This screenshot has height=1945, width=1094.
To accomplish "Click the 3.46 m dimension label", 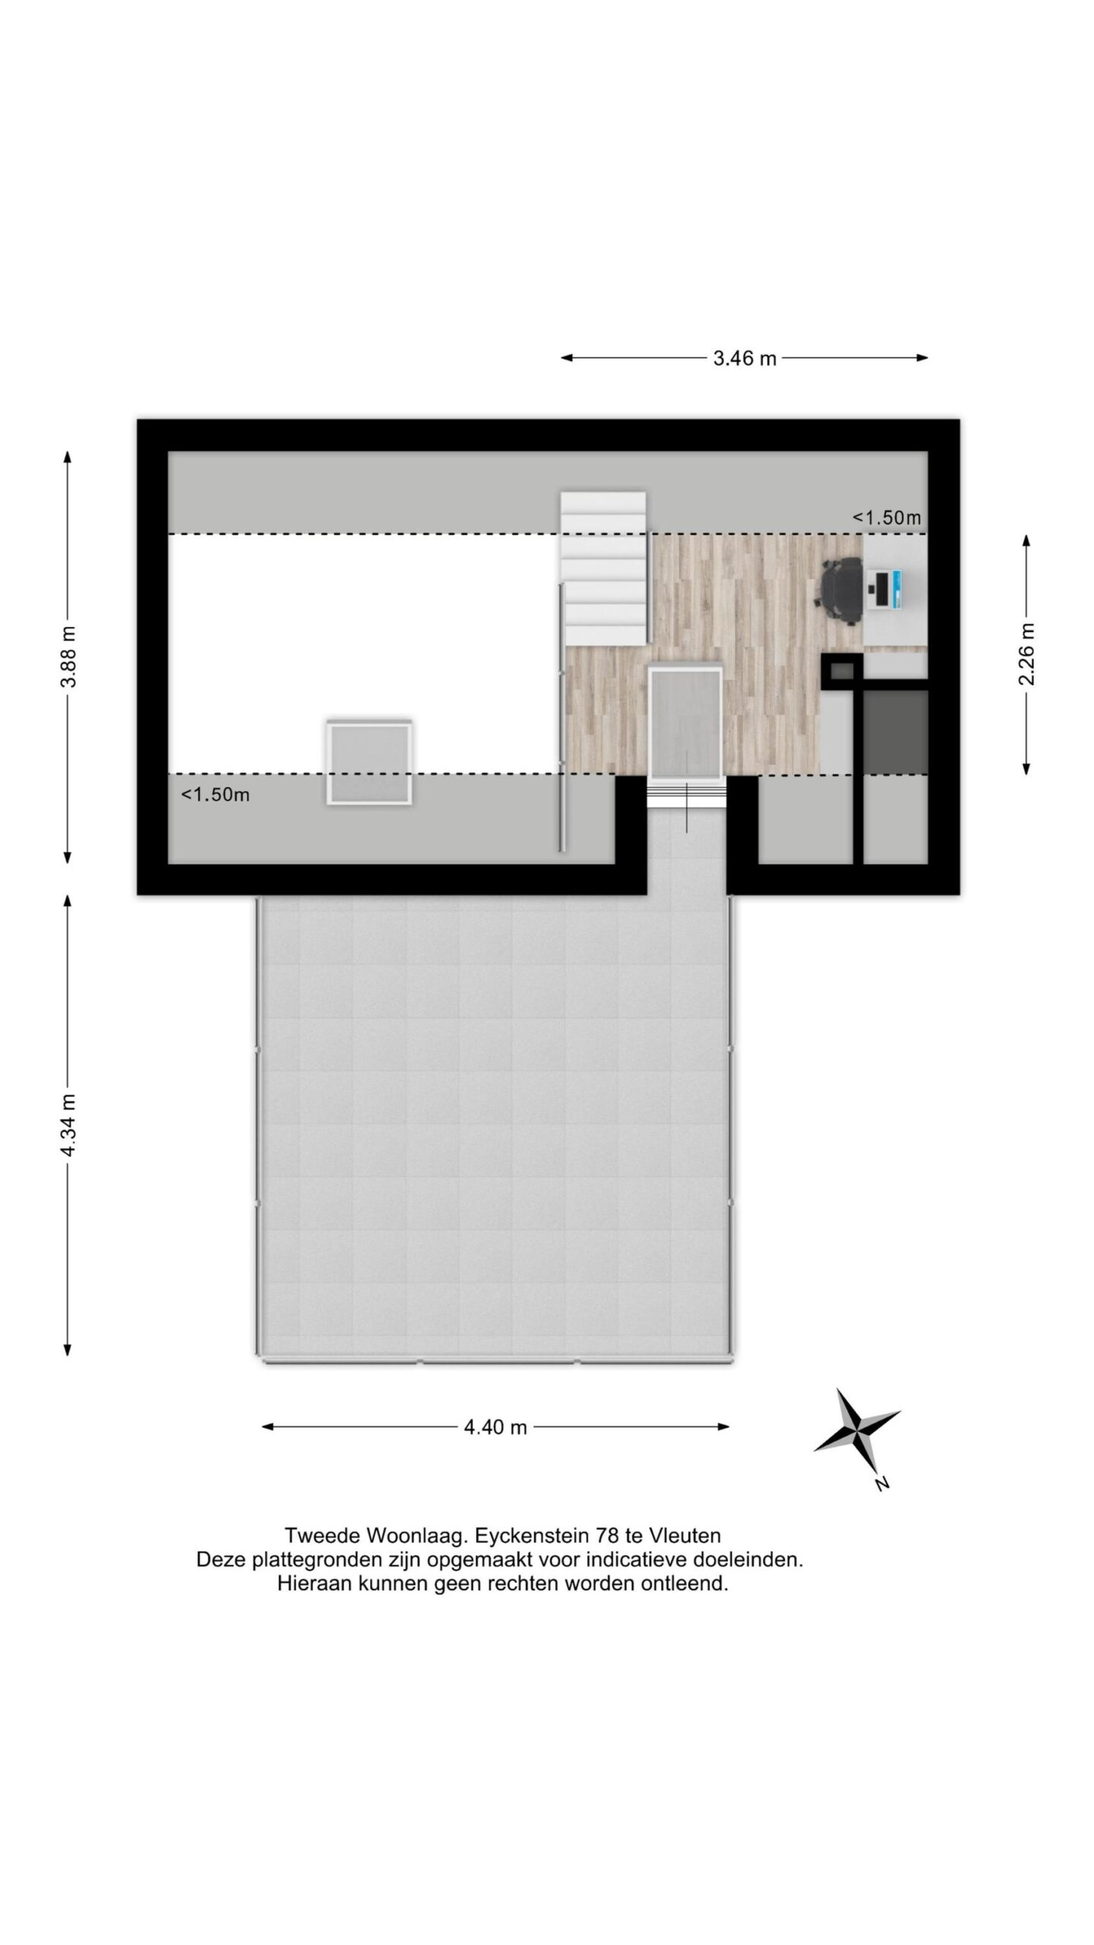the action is click(x=744, y=359).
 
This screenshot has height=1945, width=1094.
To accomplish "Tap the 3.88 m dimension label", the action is click(x=69, y=656).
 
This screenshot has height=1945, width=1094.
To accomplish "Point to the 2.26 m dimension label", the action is click(x=1026, y=653).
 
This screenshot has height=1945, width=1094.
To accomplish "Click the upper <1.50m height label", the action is click(x=886, y=518).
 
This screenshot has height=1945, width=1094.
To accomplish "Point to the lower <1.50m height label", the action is click(x=215, y=795).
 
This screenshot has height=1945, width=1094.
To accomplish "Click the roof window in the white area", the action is click(x=369, y=762).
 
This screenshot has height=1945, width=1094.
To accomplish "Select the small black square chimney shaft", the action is click(x=841, y=671).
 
